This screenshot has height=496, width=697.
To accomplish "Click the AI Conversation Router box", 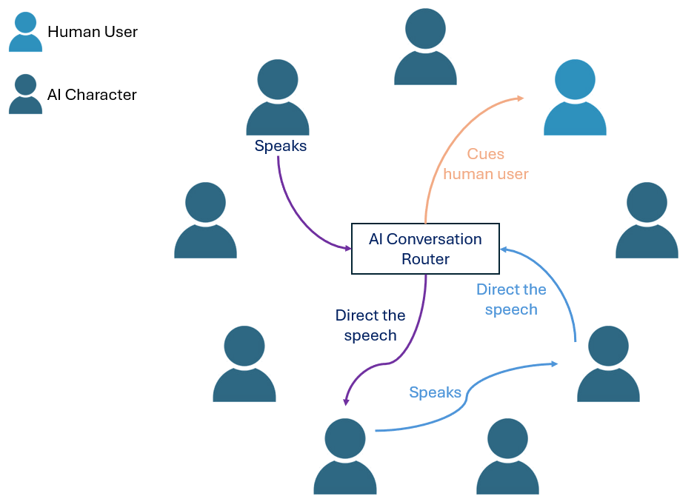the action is pyautogui.click(x=425, y=249).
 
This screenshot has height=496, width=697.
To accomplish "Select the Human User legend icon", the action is pyautogui.click(x=25, y=32).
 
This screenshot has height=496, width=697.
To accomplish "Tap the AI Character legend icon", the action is pyautogui.click(x=25, y=94).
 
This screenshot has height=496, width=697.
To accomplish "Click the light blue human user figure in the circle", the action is pyautogui.click(x=575, y=97).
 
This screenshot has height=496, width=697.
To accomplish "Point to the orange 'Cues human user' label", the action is pyautogui.click(x=486, y=164).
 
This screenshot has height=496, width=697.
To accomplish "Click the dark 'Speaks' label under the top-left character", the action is pyautogui.click(x=281, y=146).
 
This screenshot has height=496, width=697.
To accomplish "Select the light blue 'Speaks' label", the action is pyautogui.click(x=436, y=392).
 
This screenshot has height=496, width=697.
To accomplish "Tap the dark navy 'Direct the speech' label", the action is pyautogui.click(x=370, y=325).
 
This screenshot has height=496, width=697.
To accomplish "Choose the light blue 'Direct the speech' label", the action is pyautogui.click(x=511, y=300).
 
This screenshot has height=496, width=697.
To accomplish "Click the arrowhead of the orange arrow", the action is pyautogui.click(x=520, y=98).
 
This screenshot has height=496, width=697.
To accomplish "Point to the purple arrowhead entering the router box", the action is pyautogui.click(x=348, y=248).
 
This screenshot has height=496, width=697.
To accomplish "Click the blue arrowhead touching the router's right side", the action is pyautogui.click(x=504, y=249).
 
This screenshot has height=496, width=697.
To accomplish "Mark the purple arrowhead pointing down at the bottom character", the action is pyautogui.click(x=346, y=402).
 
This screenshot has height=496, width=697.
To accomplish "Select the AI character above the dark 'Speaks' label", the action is pyautogui.click(x=277, y=97).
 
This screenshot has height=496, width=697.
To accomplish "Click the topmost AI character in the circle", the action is pyautogui.click(x=425, y=47).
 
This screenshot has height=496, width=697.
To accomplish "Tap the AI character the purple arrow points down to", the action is pyautogui.click(x=345, y=457).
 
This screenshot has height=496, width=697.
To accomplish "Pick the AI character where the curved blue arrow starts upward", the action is pyautogui.click(x=608, y=364).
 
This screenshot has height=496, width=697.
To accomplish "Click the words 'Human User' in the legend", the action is pyautogui.click(x=93, y=32).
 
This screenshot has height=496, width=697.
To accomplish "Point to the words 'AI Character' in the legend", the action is pyautogui.click(x=92, y=95).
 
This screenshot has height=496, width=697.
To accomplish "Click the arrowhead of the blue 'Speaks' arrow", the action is pyautogui.click(x=554, y=363).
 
